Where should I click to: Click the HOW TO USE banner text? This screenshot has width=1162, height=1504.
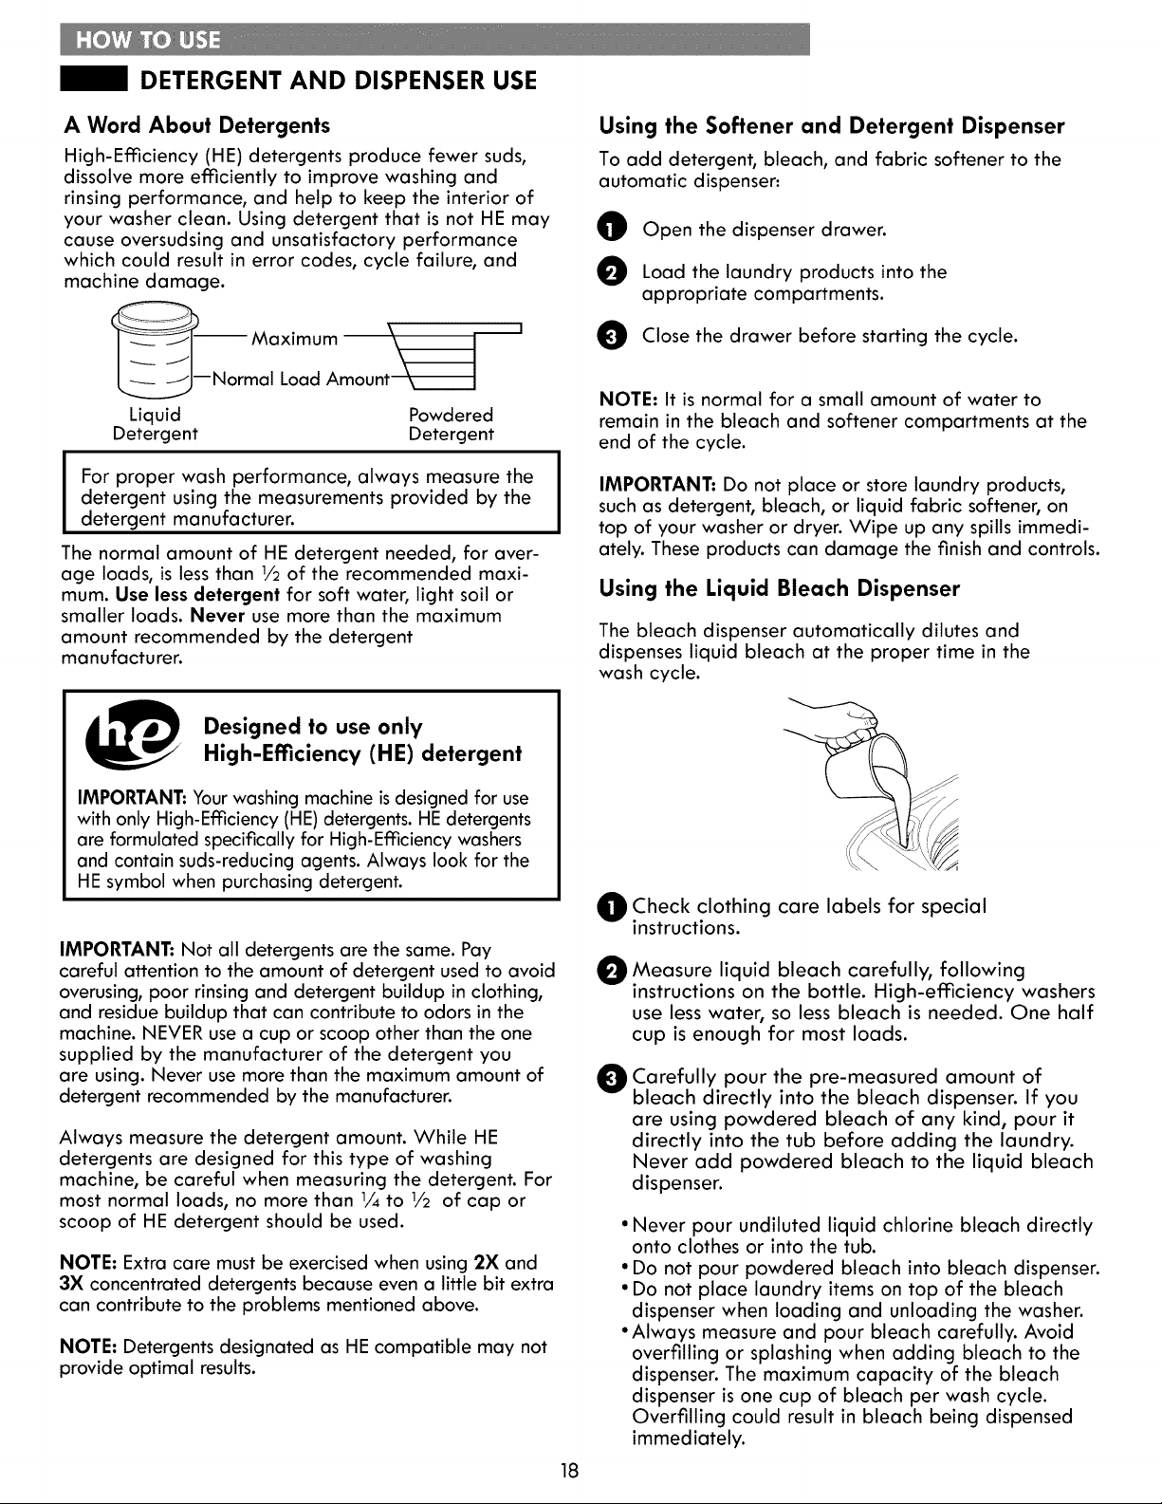tap(148, 40)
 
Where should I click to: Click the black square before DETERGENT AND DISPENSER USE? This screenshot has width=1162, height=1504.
tap(93, 81)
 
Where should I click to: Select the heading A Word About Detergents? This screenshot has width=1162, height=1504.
tap(197, 125)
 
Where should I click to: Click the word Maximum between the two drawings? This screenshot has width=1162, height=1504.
tap(295, 339)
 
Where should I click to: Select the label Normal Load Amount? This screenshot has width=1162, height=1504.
tap(301, 380)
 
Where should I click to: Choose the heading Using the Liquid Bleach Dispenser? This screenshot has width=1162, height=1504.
tap(780, 588)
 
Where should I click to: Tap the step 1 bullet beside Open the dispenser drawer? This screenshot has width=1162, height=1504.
tap(612, 229)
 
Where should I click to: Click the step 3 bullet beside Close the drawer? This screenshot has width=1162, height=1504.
tap(612, 336)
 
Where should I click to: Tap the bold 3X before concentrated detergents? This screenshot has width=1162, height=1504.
tap(71, 1284)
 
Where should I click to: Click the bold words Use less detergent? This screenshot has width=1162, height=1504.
tap(197, 595)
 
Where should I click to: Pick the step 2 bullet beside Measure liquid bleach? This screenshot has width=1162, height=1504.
tap(615, 971)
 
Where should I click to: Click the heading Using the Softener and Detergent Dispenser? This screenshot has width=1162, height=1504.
tap(832, 126)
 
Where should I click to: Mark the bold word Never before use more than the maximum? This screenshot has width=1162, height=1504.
tap(218, 615)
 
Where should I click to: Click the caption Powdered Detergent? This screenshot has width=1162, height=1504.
tap(451, 424)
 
